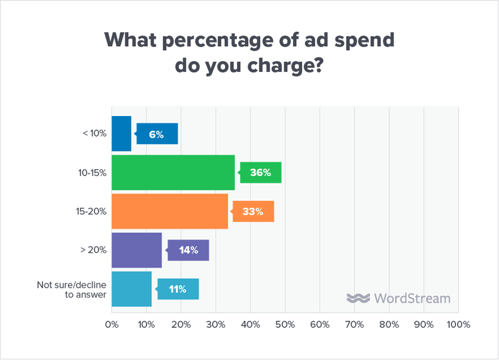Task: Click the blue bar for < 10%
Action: pyautogui.click(x=121, y=134)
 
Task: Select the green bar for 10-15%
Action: pyautogui.click(x=173, y=172)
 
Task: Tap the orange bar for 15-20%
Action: pyautogui.click(x=170, y=212)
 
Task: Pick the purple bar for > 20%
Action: pyautogui.click(x=137, y=250)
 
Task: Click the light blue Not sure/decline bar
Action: pyautogui.click(x=132, y=289)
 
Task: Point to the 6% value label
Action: pyautogui.click(x=157, y=134)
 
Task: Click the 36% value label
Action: pyautogui.click(x=261, y=173)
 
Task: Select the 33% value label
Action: pyautogui.click(x=253, y=212)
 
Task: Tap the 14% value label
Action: pyautogui.click(x=188, y=250)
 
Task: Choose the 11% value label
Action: pyautogui.click(x=178, y=289)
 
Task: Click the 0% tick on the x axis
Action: pyautogui.click(x=112, y=325)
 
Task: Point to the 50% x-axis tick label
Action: pyautogui.click(x=285, y=325)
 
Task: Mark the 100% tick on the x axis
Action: pyautogui.click(x=458, y=325)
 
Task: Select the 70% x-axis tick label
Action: pyautogui.click(x=354, y=325)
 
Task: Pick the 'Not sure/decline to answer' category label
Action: pyautogui.click(x=72, y=289)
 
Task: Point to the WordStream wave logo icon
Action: pyautogui.click(x=359, y=298)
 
